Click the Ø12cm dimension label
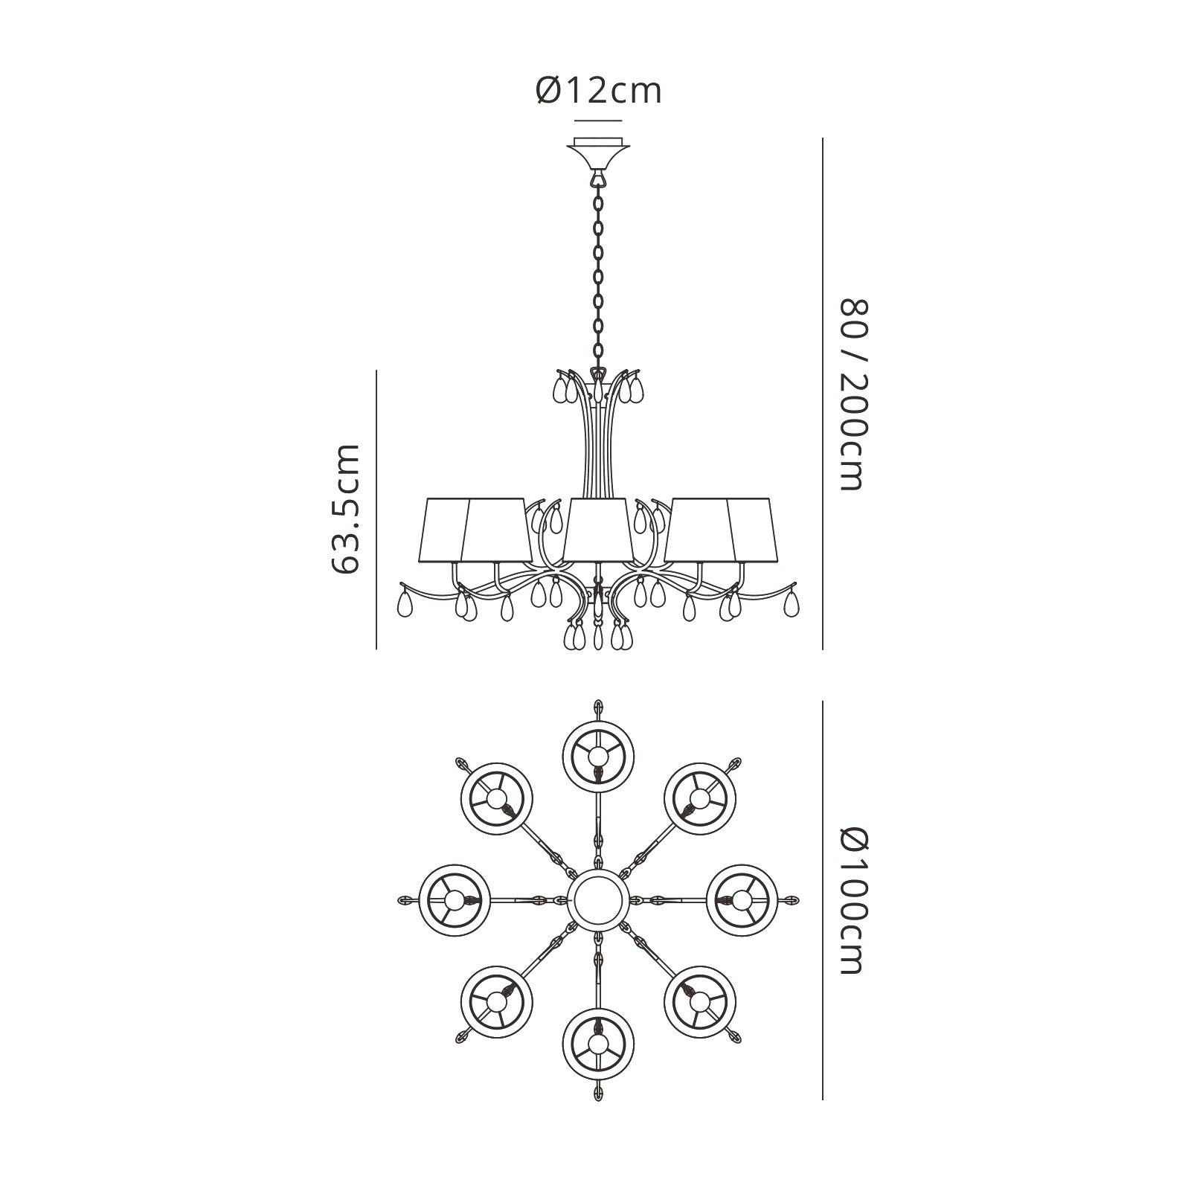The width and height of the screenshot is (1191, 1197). pos(598,91)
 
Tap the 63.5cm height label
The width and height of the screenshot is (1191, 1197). pos(344,510)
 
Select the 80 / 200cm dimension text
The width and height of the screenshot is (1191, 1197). pos(854,394)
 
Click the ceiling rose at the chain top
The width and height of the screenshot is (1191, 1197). pos(598,153)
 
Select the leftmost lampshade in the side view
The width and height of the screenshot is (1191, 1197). pos(444,530)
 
